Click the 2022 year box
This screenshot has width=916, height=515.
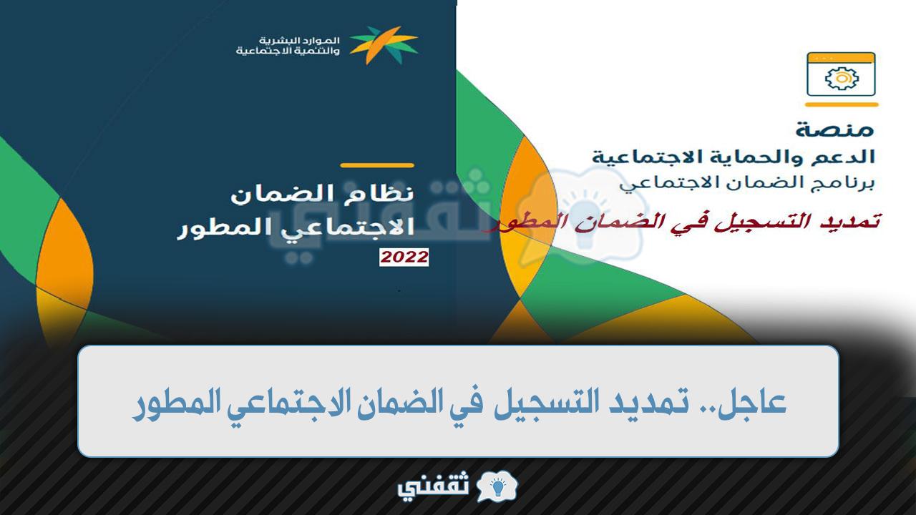tap(404, 257)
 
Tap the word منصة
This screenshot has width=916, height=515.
tap(834, 129)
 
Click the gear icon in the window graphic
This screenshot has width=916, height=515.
tap(842, 79)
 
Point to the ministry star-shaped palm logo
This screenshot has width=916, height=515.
tap(384, 45)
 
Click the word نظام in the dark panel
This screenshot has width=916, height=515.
tap(379, 193)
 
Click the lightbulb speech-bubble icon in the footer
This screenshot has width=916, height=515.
tap(497, 486)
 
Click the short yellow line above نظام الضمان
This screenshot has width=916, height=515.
tap(377, 165)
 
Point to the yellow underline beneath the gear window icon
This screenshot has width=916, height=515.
tap(842, 104)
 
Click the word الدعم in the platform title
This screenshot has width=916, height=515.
tap(843, 157)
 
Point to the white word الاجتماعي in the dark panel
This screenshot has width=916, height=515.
tap(348, 228)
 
